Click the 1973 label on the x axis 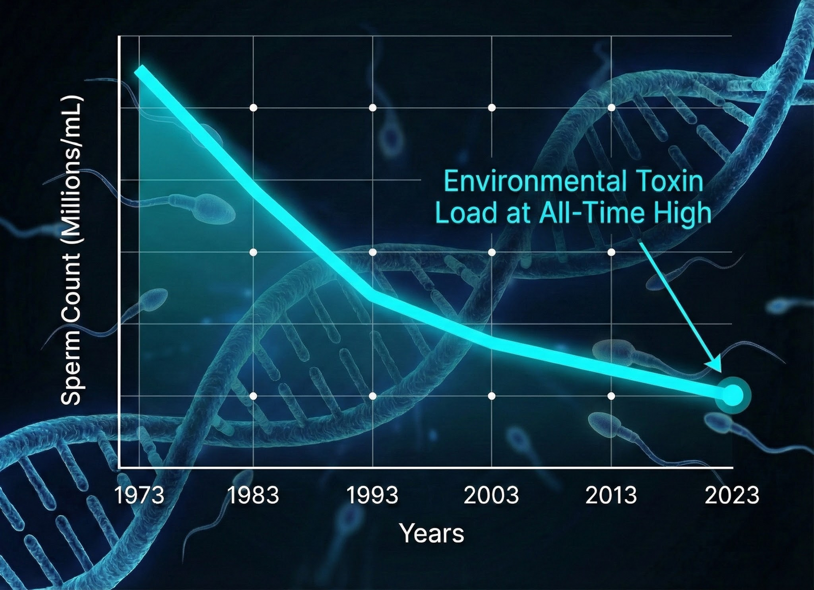tap(139, 495)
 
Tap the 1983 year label tap(253, 495)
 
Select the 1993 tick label tap(372, 495)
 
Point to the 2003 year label tap(491, 495)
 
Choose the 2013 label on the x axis tap(611, 495)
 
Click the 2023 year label tap(732, 495)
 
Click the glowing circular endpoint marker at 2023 tap(733, 395)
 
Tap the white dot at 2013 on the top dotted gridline tap(611, 107)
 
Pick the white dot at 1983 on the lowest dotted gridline tap(253, 396)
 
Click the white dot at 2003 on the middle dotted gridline tap(491, 252)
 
